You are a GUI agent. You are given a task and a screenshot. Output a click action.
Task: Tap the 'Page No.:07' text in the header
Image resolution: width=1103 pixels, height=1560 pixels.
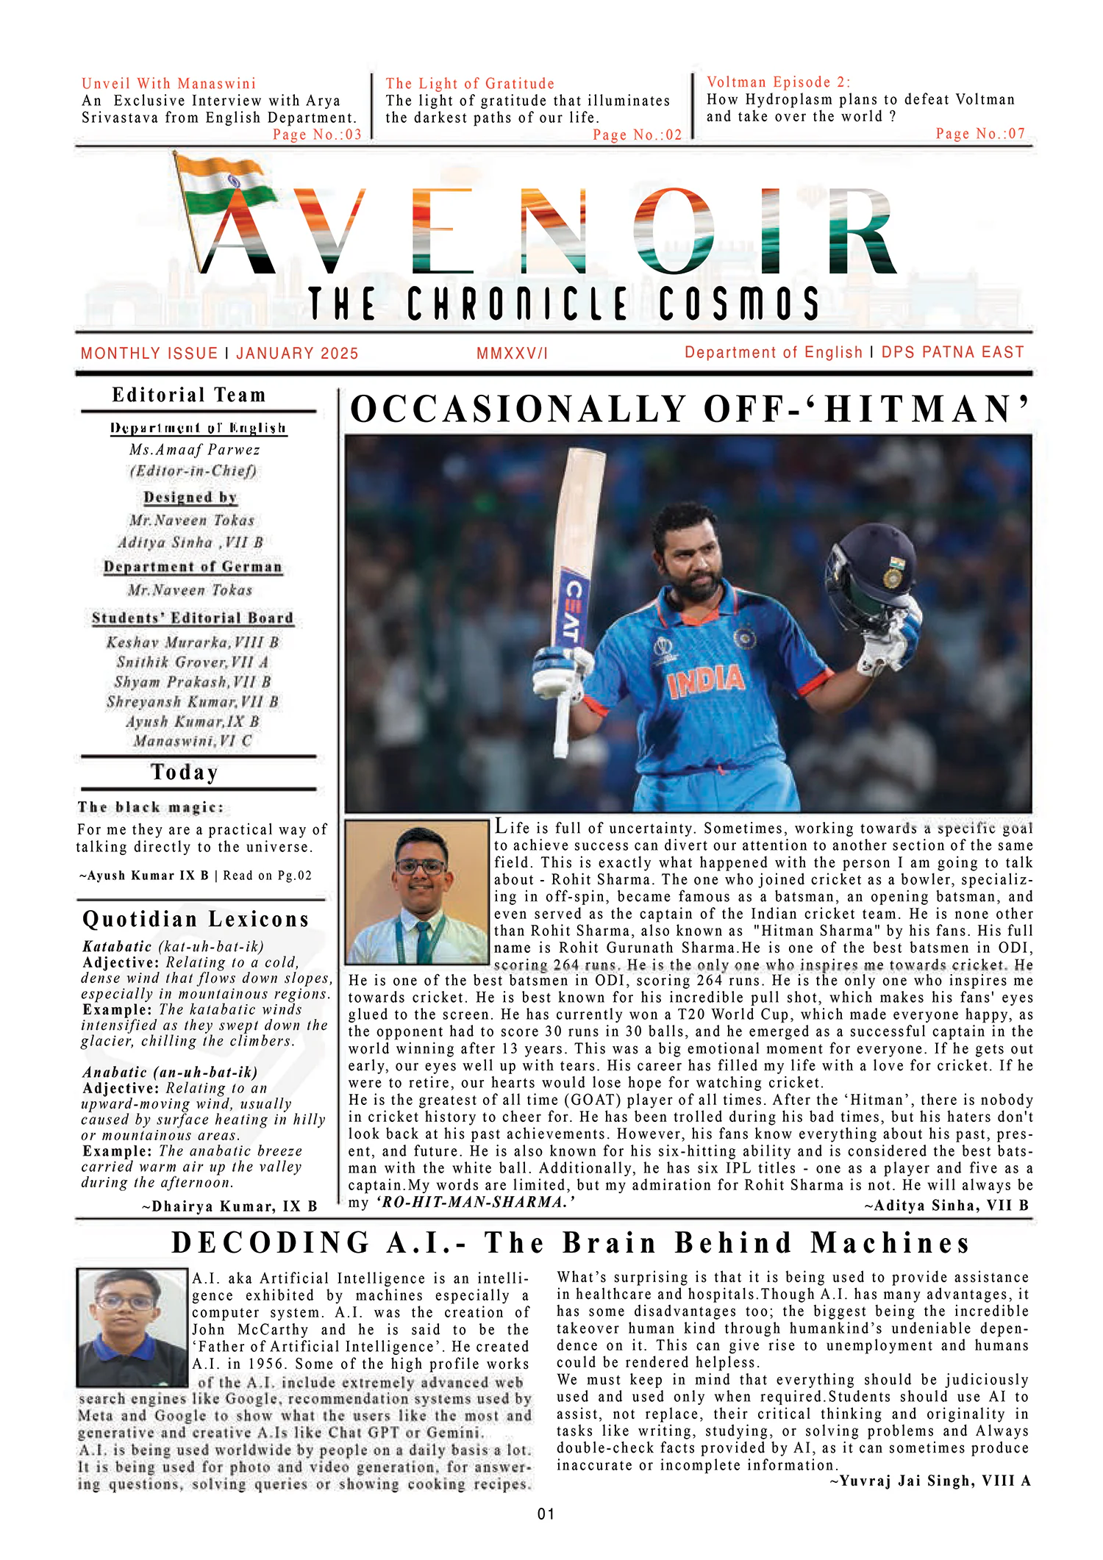click(979, 134)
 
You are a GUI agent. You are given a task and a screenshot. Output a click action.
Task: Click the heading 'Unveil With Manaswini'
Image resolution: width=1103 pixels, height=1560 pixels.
click(168, 84)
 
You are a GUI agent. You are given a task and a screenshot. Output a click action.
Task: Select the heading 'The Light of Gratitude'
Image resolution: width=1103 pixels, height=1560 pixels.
click(470, 84)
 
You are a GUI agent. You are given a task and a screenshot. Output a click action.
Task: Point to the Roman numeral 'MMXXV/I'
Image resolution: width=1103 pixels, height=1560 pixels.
click(512, 354)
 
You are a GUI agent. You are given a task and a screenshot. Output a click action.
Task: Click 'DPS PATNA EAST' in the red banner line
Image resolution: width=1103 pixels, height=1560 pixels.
click(952, 353)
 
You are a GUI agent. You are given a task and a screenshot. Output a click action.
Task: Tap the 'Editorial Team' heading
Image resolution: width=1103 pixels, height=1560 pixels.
click(189, 396)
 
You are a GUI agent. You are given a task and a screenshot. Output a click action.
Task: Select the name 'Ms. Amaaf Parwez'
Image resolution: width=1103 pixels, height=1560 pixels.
click(195, 450)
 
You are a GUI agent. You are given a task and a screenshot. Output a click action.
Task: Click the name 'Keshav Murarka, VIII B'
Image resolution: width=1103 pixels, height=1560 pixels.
click(193, 643)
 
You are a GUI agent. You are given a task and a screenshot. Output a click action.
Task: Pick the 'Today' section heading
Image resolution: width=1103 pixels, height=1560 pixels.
click(185, 773)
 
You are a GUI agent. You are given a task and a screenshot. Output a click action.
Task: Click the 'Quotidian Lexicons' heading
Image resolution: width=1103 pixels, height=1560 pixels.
click(196, 920)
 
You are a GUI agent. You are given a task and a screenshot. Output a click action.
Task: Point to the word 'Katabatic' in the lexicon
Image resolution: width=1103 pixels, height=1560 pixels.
click(117, 947)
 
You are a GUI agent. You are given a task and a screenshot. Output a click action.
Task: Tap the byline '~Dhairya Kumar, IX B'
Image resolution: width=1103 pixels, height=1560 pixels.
click(229, 1206)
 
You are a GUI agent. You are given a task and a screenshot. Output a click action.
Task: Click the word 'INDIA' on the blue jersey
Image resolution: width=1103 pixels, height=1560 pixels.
click(705, 681)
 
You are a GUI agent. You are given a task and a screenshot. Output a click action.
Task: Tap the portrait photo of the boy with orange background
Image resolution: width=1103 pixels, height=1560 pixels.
click(417, 892)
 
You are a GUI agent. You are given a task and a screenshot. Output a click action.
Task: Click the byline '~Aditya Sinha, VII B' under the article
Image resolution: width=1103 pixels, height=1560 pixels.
click(946, 1206)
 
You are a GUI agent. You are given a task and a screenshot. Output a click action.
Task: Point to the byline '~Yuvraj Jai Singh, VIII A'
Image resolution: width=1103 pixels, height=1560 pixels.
click(930, 1481)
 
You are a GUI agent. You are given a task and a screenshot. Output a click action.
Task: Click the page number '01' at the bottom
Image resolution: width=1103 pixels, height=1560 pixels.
click(546, 1514)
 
